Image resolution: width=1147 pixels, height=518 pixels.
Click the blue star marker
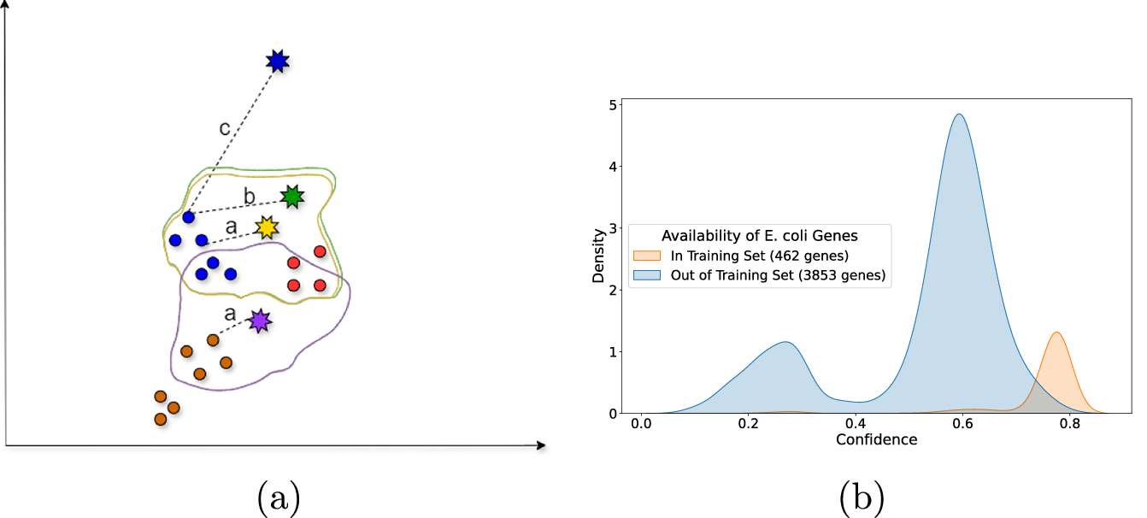tap(277, 61)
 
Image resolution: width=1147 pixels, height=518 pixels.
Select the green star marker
tap(293, 197)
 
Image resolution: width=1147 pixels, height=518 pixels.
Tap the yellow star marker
tap(268, 227)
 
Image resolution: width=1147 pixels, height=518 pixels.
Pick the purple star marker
tap(259, 321)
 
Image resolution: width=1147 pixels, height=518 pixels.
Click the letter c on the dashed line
tap(224, 129)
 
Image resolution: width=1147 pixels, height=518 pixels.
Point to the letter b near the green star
tap(249, 197)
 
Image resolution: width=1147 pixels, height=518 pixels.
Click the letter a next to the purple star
tap(229, 314)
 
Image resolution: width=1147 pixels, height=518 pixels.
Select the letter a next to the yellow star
tap(230, 227)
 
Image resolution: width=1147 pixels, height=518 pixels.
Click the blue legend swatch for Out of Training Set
tap(645, 274)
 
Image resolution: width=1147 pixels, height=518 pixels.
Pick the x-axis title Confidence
tap(877, 439)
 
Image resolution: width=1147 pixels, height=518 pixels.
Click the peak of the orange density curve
tap(1057, 333)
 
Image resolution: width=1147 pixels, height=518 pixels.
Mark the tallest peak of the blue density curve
tap(959, 115)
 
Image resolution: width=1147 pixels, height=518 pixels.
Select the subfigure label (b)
tap(861, 497)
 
